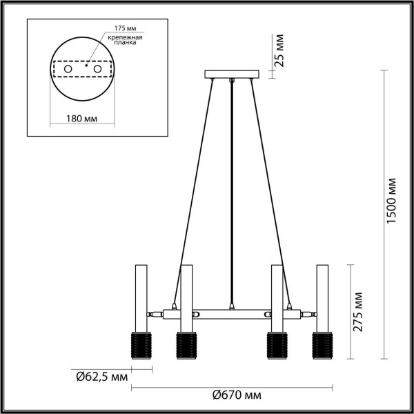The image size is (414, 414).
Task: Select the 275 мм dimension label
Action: click(357, 312)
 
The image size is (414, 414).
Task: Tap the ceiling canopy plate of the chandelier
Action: click(231, 74)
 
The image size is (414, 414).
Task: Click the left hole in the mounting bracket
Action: click(68, 70)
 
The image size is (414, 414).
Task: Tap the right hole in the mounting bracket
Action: click(99, 70)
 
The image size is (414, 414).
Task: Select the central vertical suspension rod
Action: click(231, 193)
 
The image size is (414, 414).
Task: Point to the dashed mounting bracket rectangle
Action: click(83, 62)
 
